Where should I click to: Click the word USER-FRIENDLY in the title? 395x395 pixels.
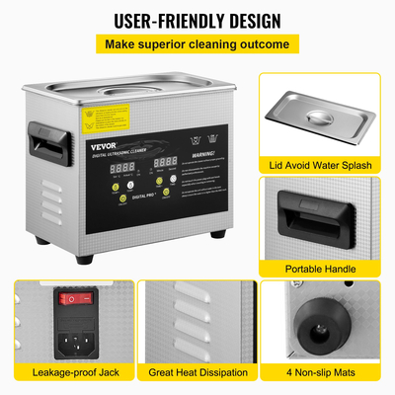(162, 20)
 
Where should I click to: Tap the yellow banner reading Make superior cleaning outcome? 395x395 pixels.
(197, 44)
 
